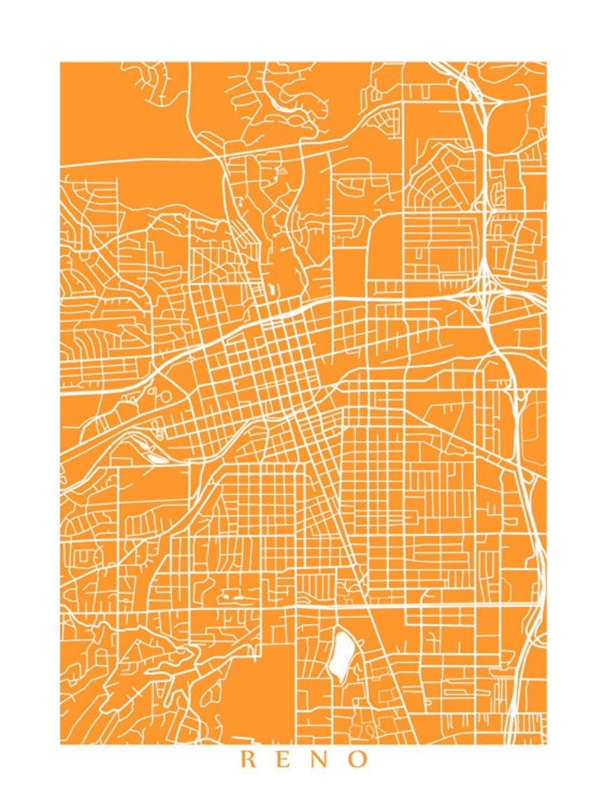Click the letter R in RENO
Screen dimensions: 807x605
tap(248, 760)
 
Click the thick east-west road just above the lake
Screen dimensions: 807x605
tap(343, 608)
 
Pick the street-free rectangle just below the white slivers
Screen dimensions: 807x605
tap(152, 484)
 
